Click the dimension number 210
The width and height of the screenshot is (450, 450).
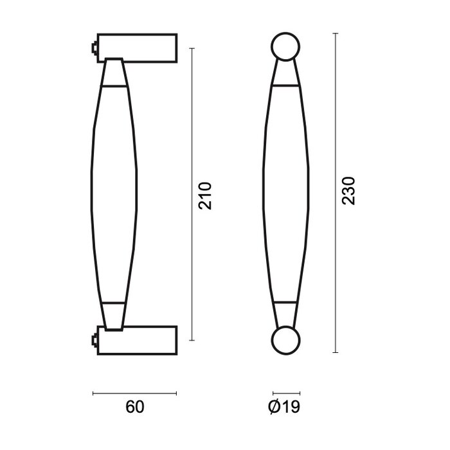point(204,195)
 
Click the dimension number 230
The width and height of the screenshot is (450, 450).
point(348,191)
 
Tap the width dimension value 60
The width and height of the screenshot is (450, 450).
point(134,407)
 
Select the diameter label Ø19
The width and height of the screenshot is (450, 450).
point(283,407)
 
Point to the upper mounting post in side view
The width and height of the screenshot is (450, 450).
point(138,48)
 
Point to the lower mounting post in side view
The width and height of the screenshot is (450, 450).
point(138,338)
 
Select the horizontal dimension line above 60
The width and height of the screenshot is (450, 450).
point(134,393)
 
